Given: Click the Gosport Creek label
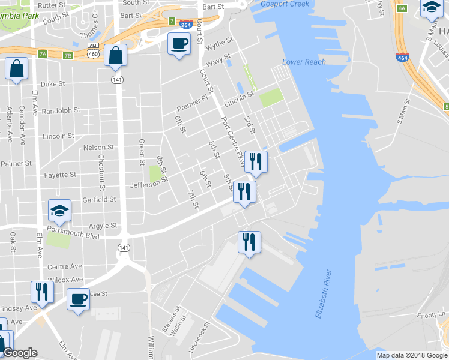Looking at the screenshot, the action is click(x=285, y=4).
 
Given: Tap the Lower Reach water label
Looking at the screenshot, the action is click(x=304, y=62).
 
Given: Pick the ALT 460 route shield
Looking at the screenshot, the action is click(x=93, y=50).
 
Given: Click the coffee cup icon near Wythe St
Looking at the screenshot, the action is click(x=179, y=44).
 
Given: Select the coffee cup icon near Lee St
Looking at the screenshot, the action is click(x=77, y=298).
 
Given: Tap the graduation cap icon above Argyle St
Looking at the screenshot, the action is click(x=60, y=211).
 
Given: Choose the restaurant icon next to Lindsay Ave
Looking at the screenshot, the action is click(x=41, y=292).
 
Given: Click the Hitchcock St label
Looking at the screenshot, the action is click(x=199, y=337).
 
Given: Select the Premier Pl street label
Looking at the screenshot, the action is click(x=193, y=103).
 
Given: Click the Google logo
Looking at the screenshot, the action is click(x=20, y=353).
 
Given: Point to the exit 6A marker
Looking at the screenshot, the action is click(x=402, y=8).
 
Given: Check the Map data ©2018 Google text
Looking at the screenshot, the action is click(x=411, y=355).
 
